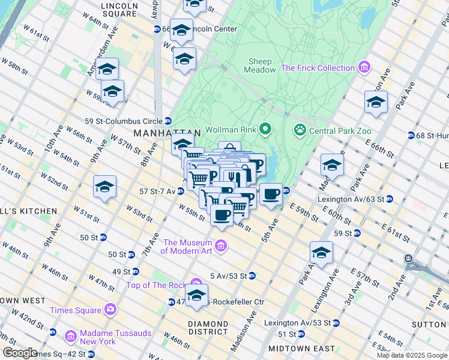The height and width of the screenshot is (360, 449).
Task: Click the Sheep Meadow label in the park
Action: coord(260,65)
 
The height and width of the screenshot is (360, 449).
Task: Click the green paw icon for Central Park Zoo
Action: coord(298,130)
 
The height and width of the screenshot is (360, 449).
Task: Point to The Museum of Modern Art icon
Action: coord(220,246)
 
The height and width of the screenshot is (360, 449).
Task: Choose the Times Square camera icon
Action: coord(110,310)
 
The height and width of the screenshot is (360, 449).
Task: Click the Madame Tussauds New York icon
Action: coord(71,336)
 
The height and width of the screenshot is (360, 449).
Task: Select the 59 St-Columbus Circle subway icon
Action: coord(168,120)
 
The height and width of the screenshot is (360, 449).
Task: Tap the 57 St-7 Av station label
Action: coord(158,191)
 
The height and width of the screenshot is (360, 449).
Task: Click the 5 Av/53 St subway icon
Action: coord(252,275)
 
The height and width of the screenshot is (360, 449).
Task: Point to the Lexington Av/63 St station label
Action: coord(355,199)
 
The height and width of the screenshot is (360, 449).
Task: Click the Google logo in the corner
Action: coord(20,352)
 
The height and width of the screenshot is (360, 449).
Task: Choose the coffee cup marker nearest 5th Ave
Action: coord(271,194)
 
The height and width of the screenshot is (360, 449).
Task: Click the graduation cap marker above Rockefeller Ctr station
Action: coord(196,295)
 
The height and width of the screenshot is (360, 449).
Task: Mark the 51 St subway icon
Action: coord(301,334)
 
